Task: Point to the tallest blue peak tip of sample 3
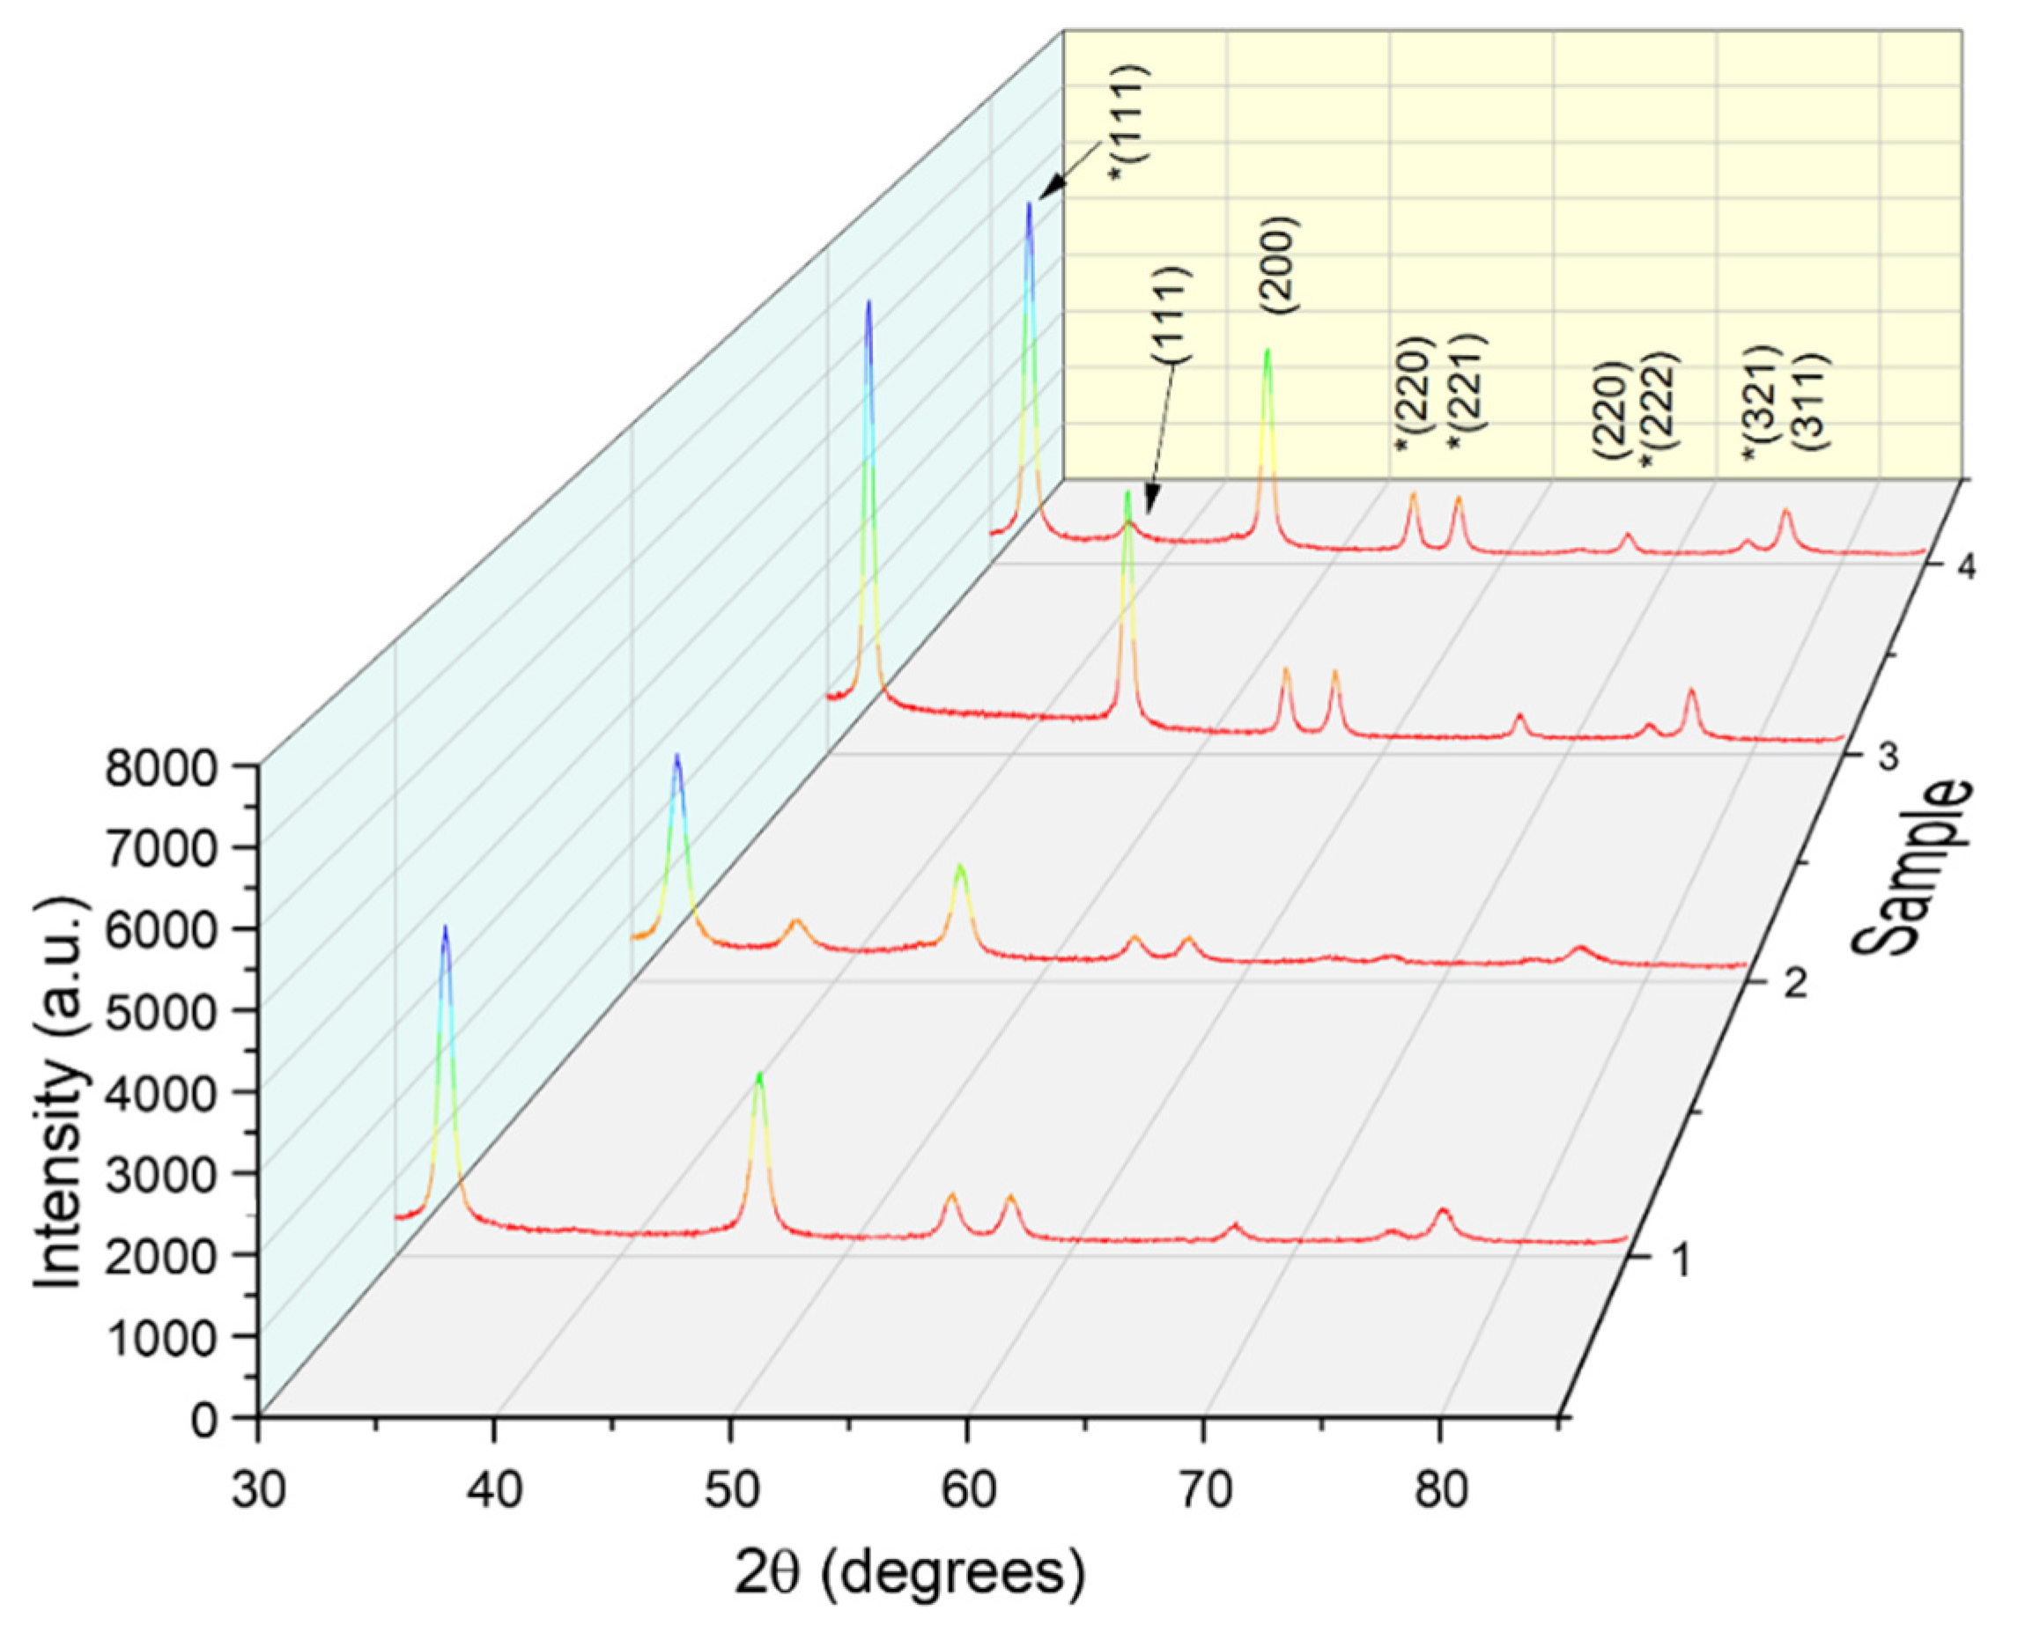[868, 302]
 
